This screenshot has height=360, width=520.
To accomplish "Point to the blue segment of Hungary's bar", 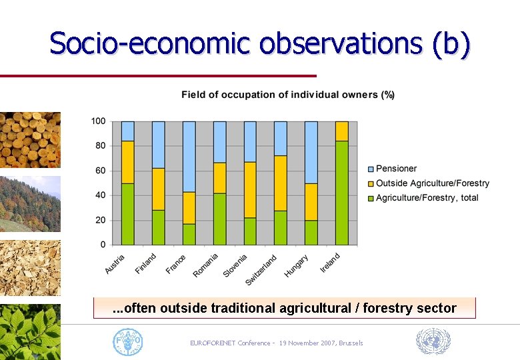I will click(x=311, y=152).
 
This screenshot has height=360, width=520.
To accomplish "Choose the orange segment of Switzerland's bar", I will click(x=281, y=183).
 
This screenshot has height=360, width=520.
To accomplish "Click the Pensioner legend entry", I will click(x=395, y=169).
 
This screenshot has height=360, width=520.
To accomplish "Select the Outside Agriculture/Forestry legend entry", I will click(x=432, y=183).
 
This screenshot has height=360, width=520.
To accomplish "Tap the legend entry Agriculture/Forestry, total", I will click(x=427, y=197).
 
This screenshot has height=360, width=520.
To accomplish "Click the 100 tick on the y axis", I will click(x=97, y=121).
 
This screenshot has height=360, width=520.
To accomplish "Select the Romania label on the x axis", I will click(x=206, y=265).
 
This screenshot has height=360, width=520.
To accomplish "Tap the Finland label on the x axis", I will click(x=146, y=263).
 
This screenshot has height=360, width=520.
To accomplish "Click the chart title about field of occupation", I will click(x=288, y=95).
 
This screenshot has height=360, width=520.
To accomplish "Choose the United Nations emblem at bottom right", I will click(x=433, y=341).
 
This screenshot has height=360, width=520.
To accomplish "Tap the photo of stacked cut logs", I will click(x=30, y=139).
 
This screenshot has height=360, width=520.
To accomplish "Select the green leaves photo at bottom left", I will click(x=30, y=331).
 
